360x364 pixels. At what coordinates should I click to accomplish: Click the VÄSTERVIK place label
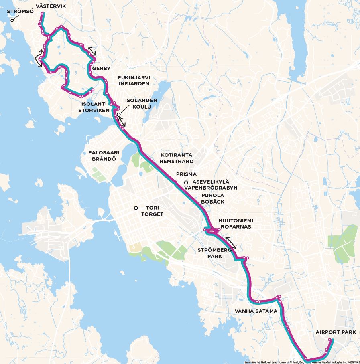point(51,6)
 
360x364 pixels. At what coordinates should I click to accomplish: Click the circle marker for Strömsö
point(12,20)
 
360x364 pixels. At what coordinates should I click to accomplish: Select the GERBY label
point(101,69)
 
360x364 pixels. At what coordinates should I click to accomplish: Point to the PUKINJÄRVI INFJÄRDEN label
point(134,80)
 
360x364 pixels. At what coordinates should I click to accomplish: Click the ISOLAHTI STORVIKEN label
point(94,107)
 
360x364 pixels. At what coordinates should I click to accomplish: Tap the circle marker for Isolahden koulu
point(119,115)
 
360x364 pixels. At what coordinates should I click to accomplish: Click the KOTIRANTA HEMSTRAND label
point(177,158)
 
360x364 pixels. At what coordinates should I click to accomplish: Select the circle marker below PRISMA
point(186,182)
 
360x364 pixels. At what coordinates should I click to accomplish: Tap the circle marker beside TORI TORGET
point(136,208)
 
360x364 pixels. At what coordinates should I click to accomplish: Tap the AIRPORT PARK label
point(333,332)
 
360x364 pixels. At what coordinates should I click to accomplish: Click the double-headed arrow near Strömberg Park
point(231,243)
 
